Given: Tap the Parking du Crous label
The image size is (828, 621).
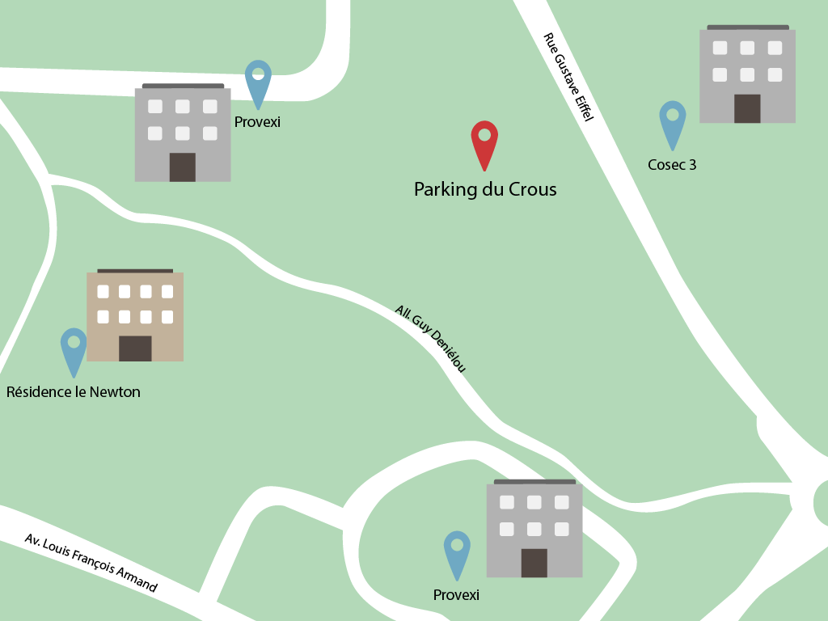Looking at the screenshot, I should tap(485, 190).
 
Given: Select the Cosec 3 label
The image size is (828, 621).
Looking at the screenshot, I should tap(672, 165).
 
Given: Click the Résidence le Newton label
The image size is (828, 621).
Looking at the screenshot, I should tap(74, 392).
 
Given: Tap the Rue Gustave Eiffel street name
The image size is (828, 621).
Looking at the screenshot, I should tap(568, 78).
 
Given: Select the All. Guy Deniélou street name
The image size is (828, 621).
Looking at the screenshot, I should tap(430, 339).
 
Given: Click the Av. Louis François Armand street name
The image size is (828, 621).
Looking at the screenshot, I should tap(91, 563).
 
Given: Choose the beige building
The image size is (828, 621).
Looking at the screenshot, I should tap(135, 316).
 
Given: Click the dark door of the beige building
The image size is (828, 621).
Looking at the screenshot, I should tap(135, 349).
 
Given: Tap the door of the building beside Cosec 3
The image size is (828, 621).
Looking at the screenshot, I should tap(747, 108).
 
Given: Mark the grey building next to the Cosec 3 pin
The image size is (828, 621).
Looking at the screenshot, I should tap(747, 74).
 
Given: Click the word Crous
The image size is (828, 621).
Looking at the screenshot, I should tap(533, 190).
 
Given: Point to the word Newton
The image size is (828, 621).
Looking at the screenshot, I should tap(115, 392).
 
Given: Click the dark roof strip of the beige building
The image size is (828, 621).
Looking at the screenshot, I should tap(135, 271).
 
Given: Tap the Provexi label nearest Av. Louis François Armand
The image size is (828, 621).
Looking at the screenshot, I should tap(456, 595).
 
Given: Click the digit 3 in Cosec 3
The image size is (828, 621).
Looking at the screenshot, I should tap(692, 165).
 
